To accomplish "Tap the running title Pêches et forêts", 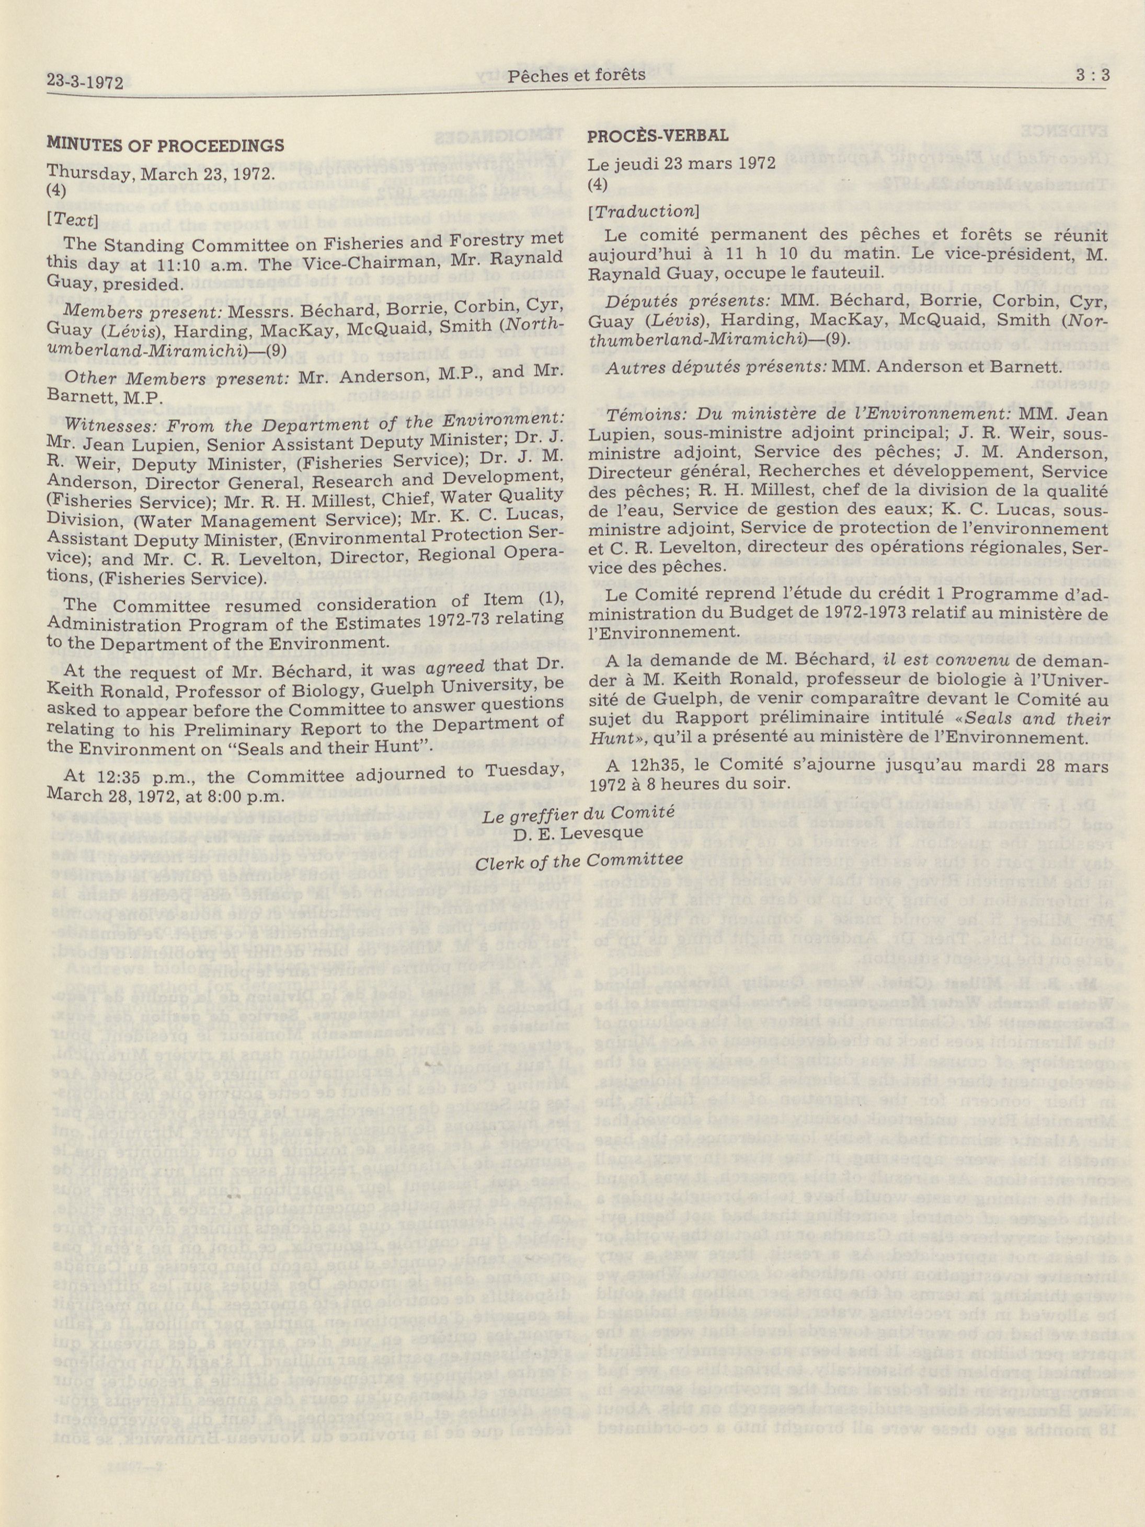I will tap(576, 75).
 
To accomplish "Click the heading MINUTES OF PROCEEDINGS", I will tap(165, 146).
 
